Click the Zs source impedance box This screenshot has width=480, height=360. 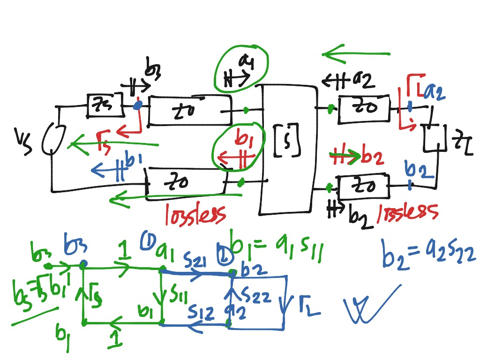pos(105,105)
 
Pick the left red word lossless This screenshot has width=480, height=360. pos(195,213)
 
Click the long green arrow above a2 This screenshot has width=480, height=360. pos(356,55)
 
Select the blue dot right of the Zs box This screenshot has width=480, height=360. pos(137,105)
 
